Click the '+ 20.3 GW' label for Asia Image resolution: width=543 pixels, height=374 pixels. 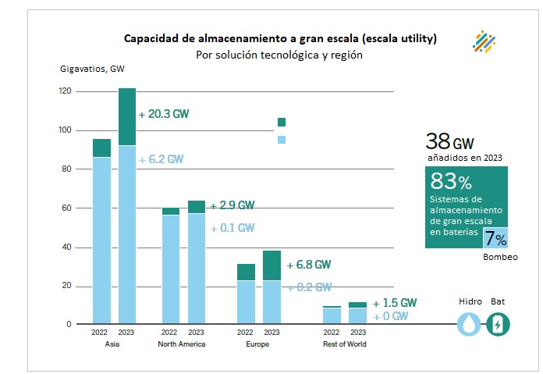pyautogui.click(x=164, y=114)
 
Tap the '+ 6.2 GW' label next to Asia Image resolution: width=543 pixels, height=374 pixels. pyautogui.click(x=161, y=159)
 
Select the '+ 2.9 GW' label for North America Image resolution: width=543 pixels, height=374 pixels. pyautogui.click(x=232, y=205)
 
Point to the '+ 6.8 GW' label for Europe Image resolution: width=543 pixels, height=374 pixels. pyautogui.click(x=309, y=264)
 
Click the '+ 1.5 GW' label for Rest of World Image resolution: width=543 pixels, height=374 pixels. pyautogui.click(x=395, y=303)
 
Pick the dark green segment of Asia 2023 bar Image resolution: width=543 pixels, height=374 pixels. pyautogui.click(x=127, y=117)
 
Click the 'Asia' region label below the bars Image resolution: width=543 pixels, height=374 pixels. pyautogui.click(x=112, y=344)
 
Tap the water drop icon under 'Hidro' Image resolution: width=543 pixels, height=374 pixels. pyautogui.click(x=470, y=324)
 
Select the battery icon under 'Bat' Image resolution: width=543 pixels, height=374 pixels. pyautogui.click(x=497, y=324)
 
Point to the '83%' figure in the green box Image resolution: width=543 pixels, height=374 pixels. pyautogui.click(x=451, y=183)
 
